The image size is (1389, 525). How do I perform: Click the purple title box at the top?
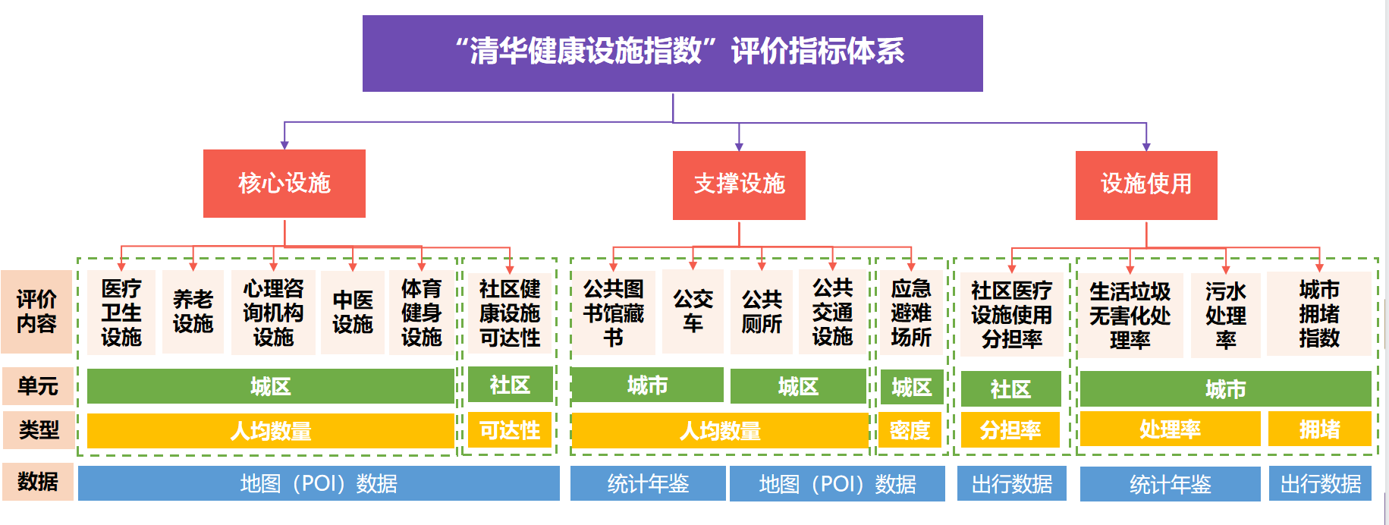672,53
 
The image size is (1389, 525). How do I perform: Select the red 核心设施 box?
284,184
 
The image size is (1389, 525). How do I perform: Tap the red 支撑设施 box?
739,185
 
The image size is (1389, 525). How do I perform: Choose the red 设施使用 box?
1145,185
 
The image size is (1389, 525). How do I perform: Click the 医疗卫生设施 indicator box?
121,313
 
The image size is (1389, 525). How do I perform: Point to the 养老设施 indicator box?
193,312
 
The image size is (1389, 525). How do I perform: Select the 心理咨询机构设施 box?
273,313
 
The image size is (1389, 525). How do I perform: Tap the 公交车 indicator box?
693,311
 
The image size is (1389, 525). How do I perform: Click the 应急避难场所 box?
911,313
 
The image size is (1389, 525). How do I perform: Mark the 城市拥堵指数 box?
1318,314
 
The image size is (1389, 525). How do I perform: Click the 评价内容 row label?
36,312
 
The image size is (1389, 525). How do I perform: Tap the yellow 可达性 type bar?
510,431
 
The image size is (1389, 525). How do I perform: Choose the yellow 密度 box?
910,431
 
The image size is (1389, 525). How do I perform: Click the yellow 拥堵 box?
1319,429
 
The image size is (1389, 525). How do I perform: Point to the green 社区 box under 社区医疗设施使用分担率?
1010,389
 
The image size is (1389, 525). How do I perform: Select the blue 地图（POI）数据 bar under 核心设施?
319,483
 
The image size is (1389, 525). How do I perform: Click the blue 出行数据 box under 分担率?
1011,483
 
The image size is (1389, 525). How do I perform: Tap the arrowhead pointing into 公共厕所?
762,266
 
